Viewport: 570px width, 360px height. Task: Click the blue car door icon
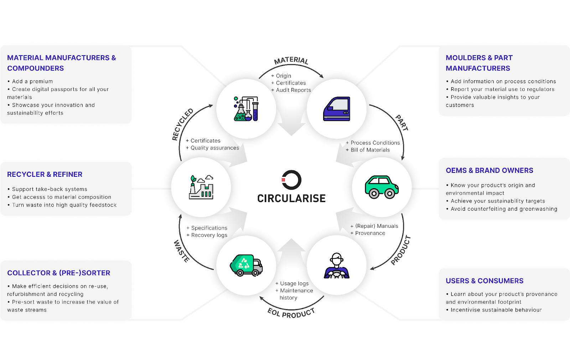pyautogui.click(x=337, y=109)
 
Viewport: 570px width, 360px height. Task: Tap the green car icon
pyautogui.click(x=382, y=187)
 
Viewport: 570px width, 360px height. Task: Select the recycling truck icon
pyautogui.click(x=246, y=265)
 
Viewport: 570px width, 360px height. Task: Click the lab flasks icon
pyautogui.click(x=246, y=109)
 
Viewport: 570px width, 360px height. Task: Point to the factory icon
pyautogui.click(x=201, y=187)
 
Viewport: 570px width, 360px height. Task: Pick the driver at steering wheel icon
pyautogui.click(x=337, y=266)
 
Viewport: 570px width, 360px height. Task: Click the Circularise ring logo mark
pyautogui.click(x=291, y=180)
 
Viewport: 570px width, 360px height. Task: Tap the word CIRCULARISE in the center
pyautogui.click(x=291, y=199)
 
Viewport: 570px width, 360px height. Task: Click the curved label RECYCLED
pyautogui.click(x=182, y=124)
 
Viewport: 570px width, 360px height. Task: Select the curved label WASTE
pyautogui.click(x=181, y=251)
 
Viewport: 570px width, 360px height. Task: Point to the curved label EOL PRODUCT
pyautogui.click(x=291, y=313)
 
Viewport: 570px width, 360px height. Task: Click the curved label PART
pyautogui.click(x=402, y=123)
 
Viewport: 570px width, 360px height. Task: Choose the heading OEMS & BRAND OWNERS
pyautogui.click(x=489, y=170)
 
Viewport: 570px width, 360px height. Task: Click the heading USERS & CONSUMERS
pyautogui.click(x=484, y=281)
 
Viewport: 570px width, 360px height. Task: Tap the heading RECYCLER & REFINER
pyautogui.click(x=45, y=174)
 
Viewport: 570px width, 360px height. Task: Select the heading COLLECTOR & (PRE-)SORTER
pyautogui.click(x=59, y=273)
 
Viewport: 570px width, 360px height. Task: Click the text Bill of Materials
pyautogui.click(x=370, y=150)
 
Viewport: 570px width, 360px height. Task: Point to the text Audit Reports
pyautogui.click(x=293, y=90)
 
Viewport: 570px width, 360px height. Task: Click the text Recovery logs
pyautogui.click(x=209, y=235)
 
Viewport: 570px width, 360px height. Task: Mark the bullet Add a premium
pyautogui.click(x=32, y=82)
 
